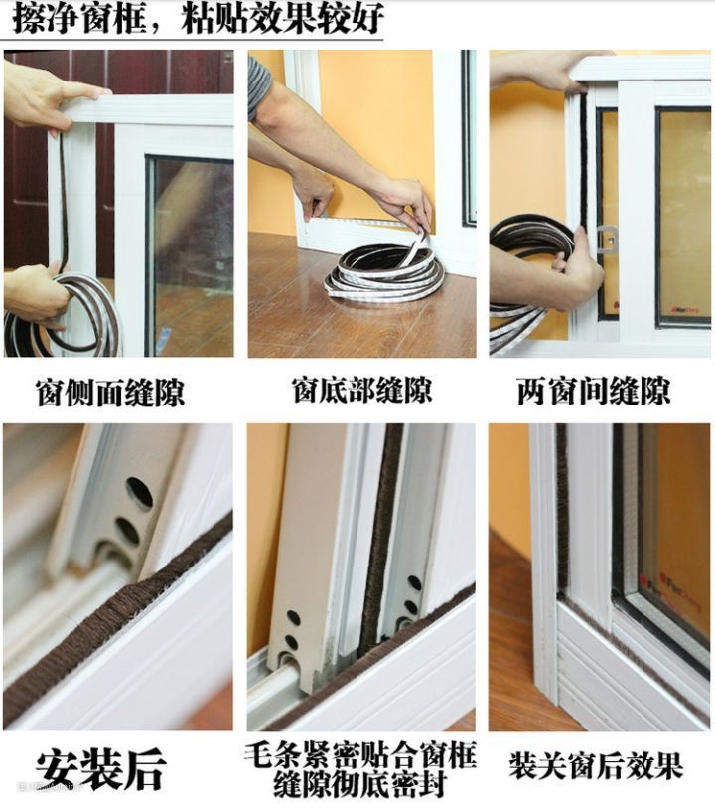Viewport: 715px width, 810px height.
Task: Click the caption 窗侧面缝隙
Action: pos(110,394)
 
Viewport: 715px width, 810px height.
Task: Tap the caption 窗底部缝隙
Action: pos(361,390)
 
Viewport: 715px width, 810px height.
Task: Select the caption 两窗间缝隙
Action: pos(594,392)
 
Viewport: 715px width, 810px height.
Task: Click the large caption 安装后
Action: pos(100,769)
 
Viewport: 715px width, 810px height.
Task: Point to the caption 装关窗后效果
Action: pos(596,765)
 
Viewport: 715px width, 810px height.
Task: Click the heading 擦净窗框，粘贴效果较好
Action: pos(199,19)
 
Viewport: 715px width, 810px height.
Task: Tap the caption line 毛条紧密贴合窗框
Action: pos(359,756)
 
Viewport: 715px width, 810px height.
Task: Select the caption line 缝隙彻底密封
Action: pos(359,785)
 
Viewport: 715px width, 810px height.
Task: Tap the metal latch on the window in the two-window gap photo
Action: pos(607,239)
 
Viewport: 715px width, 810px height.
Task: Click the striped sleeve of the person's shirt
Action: pos(259,86)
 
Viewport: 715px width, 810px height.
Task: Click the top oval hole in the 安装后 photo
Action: pos(140,492)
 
